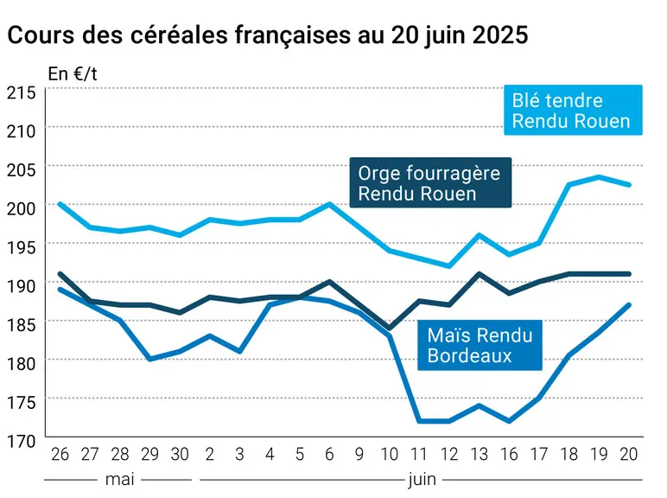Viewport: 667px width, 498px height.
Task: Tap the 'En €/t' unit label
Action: coord(73,73)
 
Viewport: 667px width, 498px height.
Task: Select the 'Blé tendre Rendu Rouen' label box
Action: coord(573,111)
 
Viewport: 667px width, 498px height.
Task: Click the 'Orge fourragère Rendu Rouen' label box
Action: coord(430,182)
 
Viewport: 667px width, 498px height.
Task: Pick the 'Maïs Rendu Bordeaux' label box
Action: coord(480,345)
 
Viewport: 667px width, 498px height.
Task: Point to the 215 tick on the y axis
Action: coord(22,93)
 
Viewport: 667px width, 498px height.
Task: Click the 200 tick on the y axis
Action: coord(22,208)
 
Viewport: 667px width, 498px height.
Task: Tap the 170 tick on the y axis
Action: coord(22,441)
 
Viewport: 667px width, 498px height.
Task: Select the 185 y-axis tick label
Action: coord(22,325)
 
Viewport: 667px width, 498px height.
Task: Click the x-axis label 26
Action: coord(60,454)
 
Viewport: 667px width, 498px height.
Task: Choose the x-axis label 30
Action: coord(180,454)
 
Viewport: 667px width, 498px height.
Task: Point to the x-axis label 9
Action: coord(359,454)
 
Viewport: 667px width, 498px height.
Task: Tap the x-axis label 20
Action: coord(629,454)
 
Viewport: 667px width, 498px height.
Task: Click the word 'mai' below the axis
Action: coord(119,480)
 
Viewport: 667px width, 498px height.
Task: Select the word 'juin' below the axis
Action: coord(422,481)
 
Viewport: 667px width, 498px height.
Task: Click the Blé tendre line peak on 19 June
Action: coord(599,176)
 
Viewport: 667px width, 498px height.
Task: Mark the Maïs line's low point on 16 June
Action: coord(509,421)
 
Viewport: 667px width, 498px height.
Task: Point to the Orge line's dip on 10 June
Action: coord(389,329)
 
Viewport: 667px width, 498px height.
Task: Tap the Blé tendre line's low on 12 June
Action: coord(449,266)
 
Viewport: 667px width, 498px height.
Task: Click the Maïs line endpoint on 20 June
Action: coord(629,304)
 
